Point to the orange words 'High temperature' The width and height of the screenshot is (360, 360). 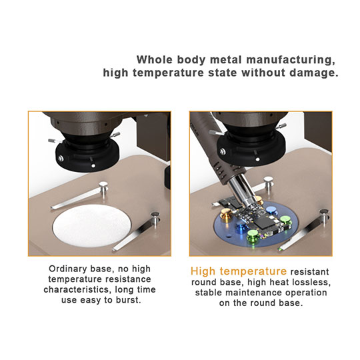pyautogui.click(x=239, y=271)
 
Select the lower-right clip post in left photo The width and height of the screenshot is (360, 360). pyautogui.click(x=155, y=217)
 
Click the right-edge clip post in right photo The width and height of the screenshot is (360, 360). pyautogui.click(x=323, y=215)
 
